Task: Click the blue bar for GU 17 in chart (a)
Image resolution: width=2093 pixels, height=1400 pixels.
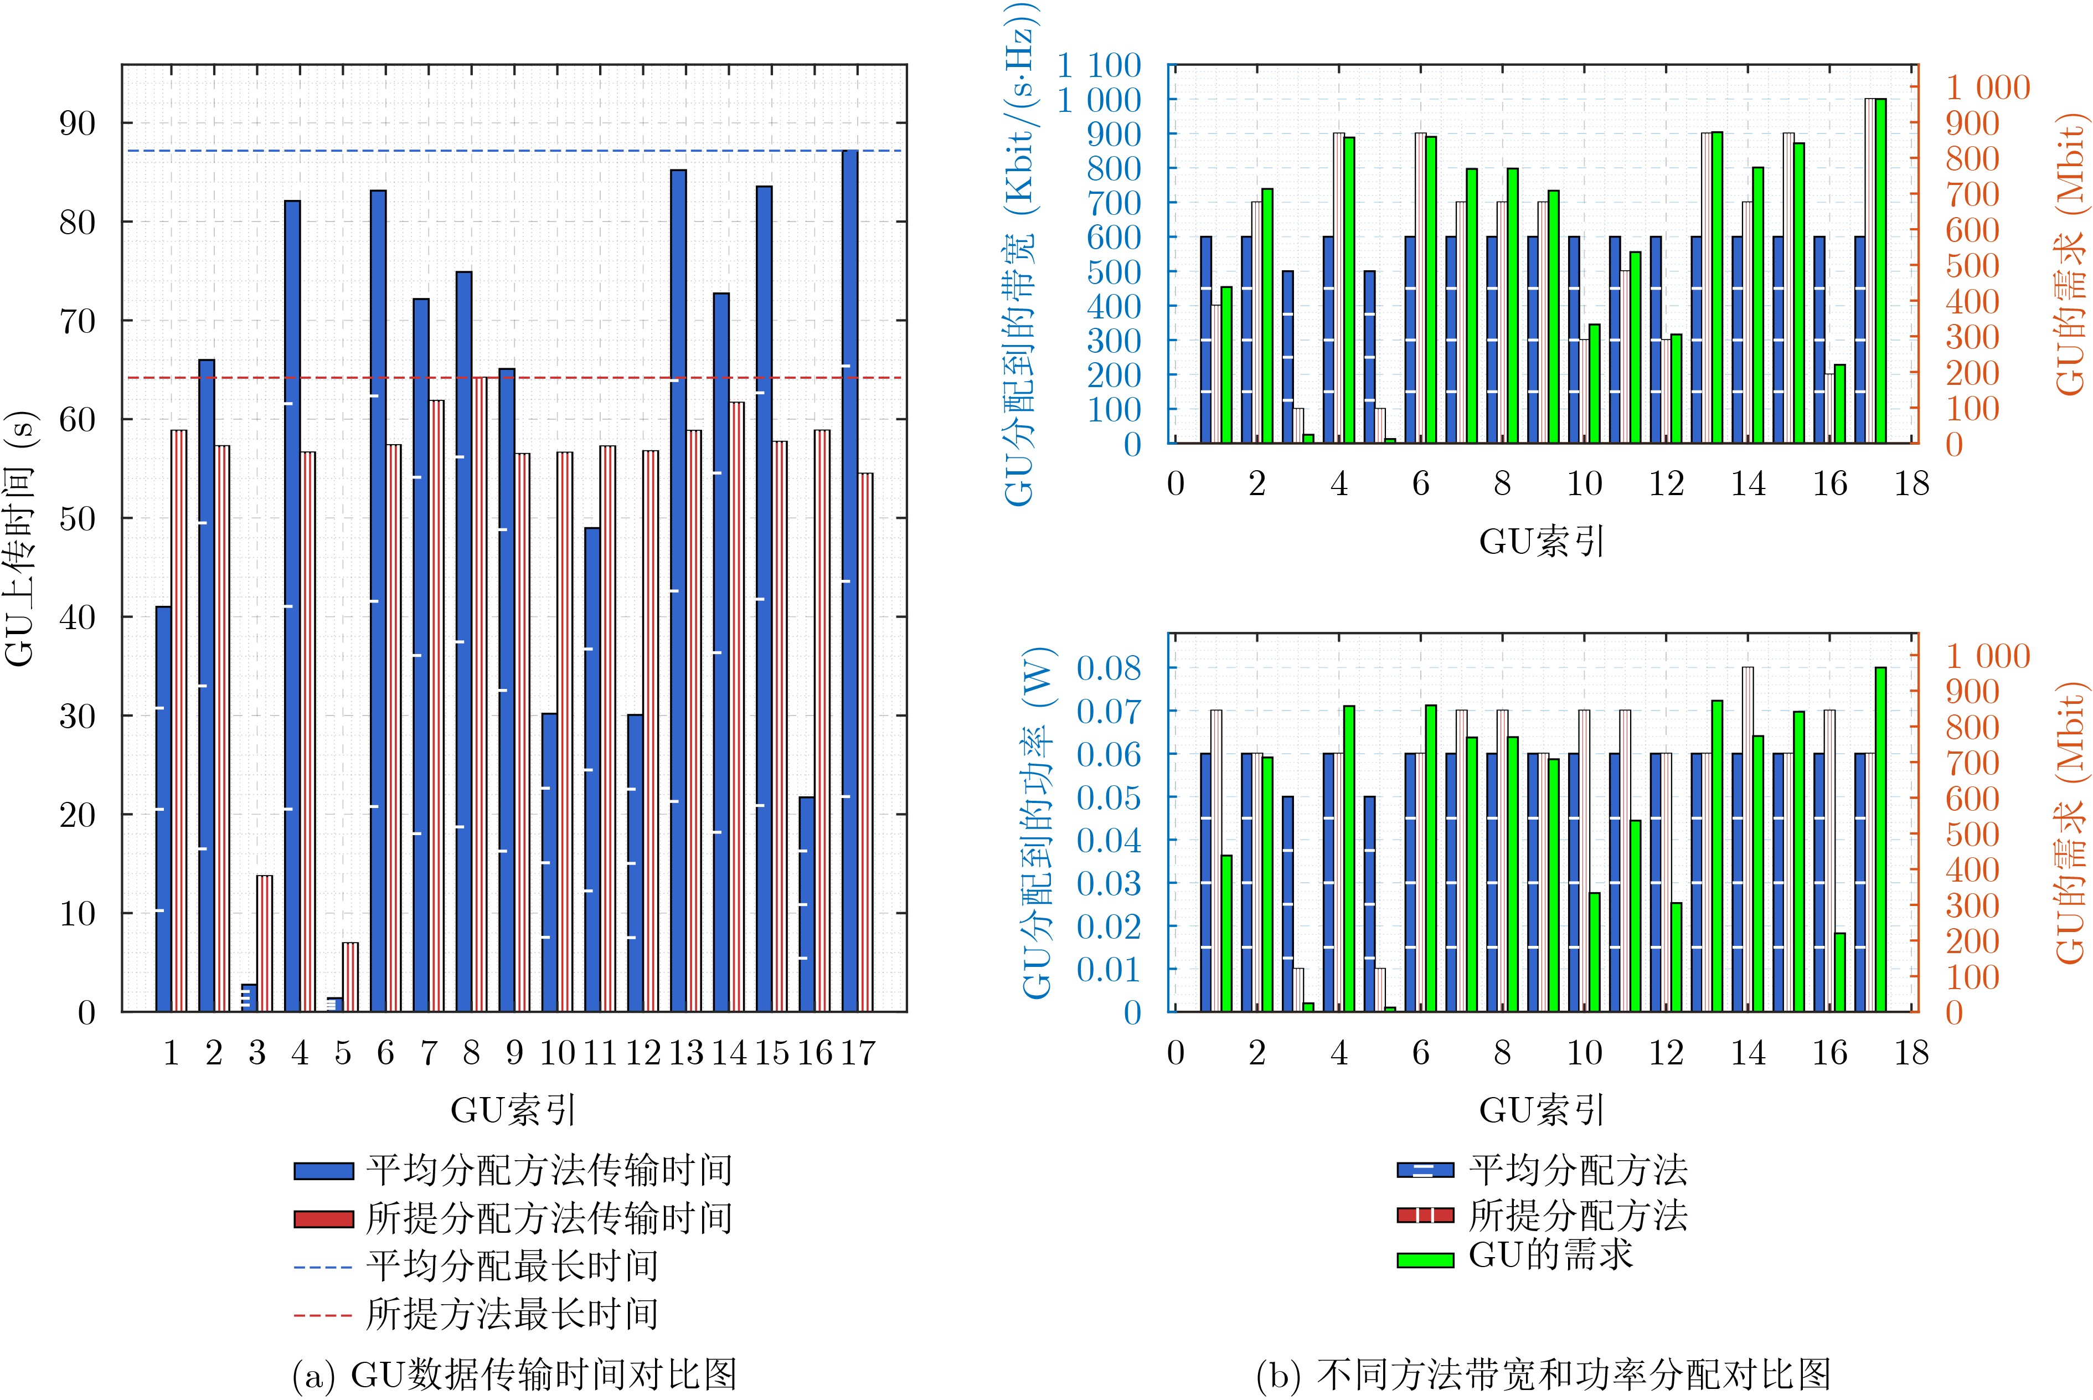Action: (850, 580)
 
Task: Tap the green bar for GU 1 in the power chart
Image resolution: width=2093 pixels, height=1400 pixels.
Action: (1226, 933)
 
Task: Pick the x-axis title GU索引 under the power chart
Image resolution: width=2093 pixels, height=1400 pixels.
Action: (1542, 1110)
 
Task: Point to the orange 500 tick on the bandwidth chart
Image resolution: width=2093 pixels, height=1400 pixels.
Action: (1972, 266)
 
